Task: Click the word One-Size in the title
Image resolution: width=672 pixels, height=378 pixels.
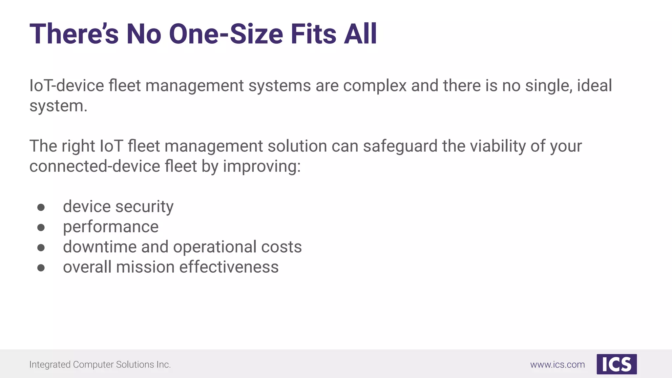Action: tap(226, 34)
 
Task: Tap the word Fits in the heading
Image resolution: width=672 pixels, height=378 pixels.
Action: tap(313, 34)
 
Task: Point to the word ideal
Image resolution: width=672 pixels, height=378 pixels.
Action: tap(594, 86)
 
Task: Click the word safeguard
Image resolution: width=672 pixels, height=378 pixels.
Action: tap(400, 146)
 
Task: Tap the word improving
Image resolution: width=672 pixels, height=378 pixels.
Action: tap(262, 166)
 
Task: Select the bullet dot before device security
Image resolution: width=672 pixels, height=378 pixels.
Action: tap(41, 207)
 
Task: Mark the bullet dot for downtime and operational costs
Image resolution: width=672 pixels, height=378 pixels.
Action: tap(41, 248)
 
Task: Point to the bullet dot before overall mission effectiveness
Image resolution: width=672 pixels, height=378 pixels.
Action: tap(41, 268)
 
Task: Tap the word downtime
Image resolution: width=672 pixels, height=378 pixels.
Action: tap(100, 247)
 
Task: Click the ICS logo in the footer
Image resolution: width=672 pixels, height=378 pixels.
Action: tap(617, 364)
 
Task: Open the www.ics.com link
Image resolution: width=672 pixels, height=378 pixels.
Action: tap(557, 365)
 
